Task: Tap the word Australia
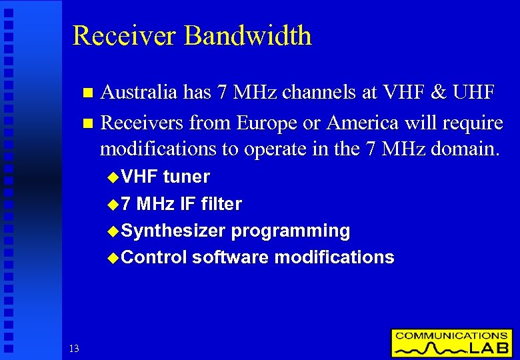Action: (139, 93)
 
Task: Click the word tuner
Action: (187, 177)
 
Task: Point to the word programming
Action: (291, 231)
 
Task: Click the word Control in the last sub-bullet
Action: (154, 257)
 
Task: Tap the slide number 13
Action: (73, 348)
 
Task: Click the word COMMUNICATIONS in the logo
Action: (451, 335)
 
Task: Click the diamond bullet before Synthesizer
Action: (112, 231)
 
